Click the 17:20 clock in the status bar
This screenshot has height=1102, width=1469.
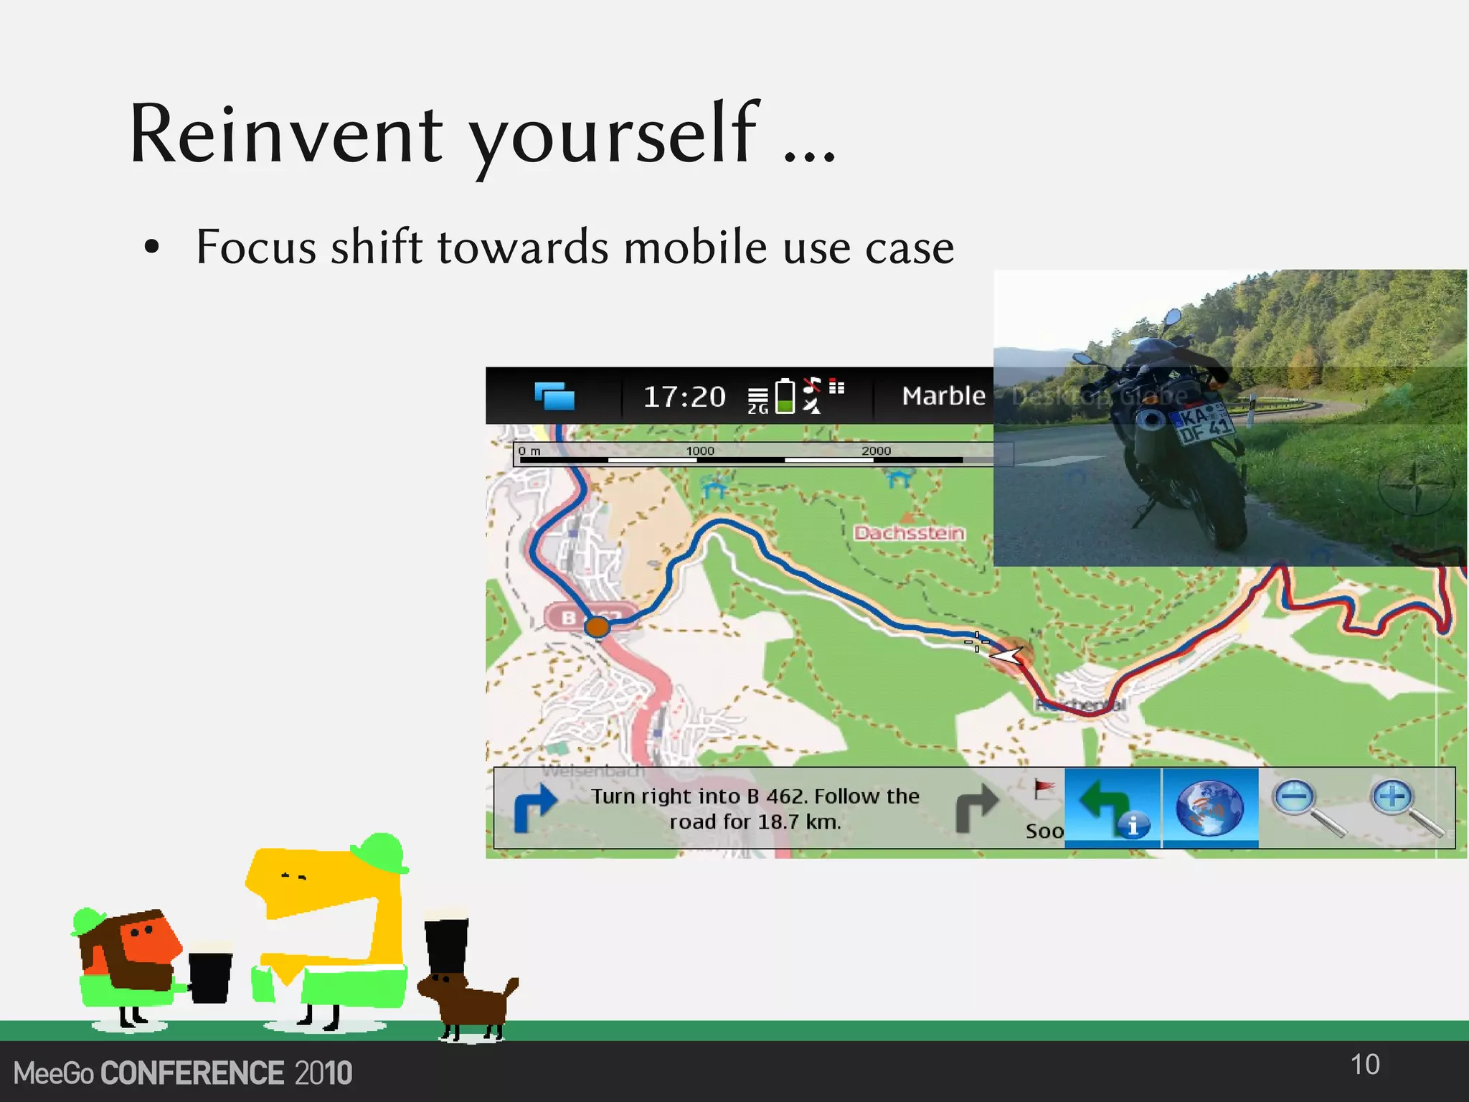[684, 397]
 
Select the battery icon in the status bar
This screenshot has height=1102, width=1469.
[786, 396]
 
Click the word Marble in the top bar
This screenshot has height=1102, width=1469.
[943, 396]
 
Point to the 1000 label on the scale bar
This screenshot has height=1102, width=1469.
[700, 451]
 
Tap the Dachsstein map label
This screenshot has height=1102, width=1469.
[909, 532]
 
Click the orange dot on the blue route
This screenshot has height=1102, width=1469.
[597, 627]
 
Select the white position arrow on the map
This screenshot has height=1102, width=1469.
[1006, 654]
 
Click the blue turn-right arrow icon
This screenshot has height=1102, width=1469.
[535, 808]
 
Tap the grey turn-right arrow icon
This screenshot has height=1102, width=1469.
[976, 808]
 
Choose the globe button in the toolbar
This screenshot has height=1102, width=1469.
[1209, 808]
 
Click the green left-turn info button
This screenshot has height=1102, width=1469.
[1112, 808]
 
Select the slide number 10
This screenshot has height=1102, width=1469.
[1365, 1065]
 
